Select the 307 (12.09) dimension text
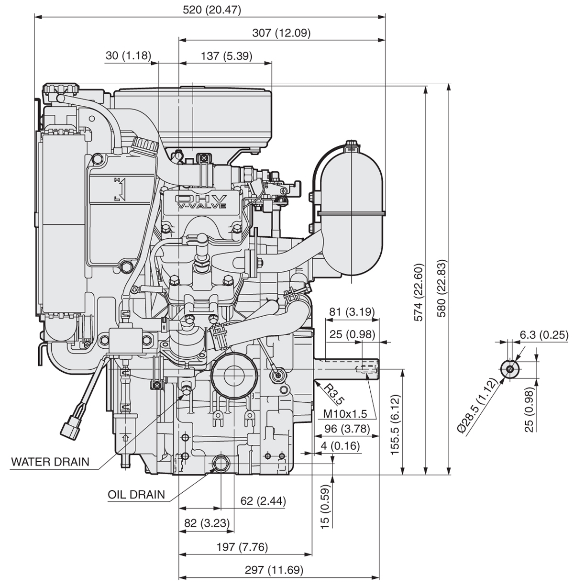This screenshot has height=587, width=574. [281, 33]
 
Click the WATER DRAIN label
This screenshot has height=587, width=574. [50, 462]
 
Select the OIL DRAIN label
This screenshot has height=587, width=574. [136, 494]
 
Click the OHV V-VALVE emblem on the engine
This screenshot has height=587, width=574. [201, 201]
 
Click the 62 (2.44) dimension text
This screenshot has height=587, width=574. [263, 501]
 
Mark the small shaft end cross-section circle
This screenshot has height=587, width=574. [510, 369]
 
